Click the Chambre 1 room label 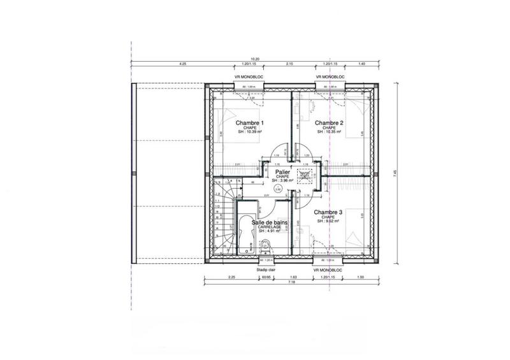(250, 122)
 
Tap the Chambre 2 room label (329, 122)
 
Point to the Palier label (283, 172)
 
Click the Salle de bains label (269, 222)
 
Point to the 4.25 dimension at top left (182, 64)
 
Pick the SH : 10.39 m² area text (251, 132)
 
